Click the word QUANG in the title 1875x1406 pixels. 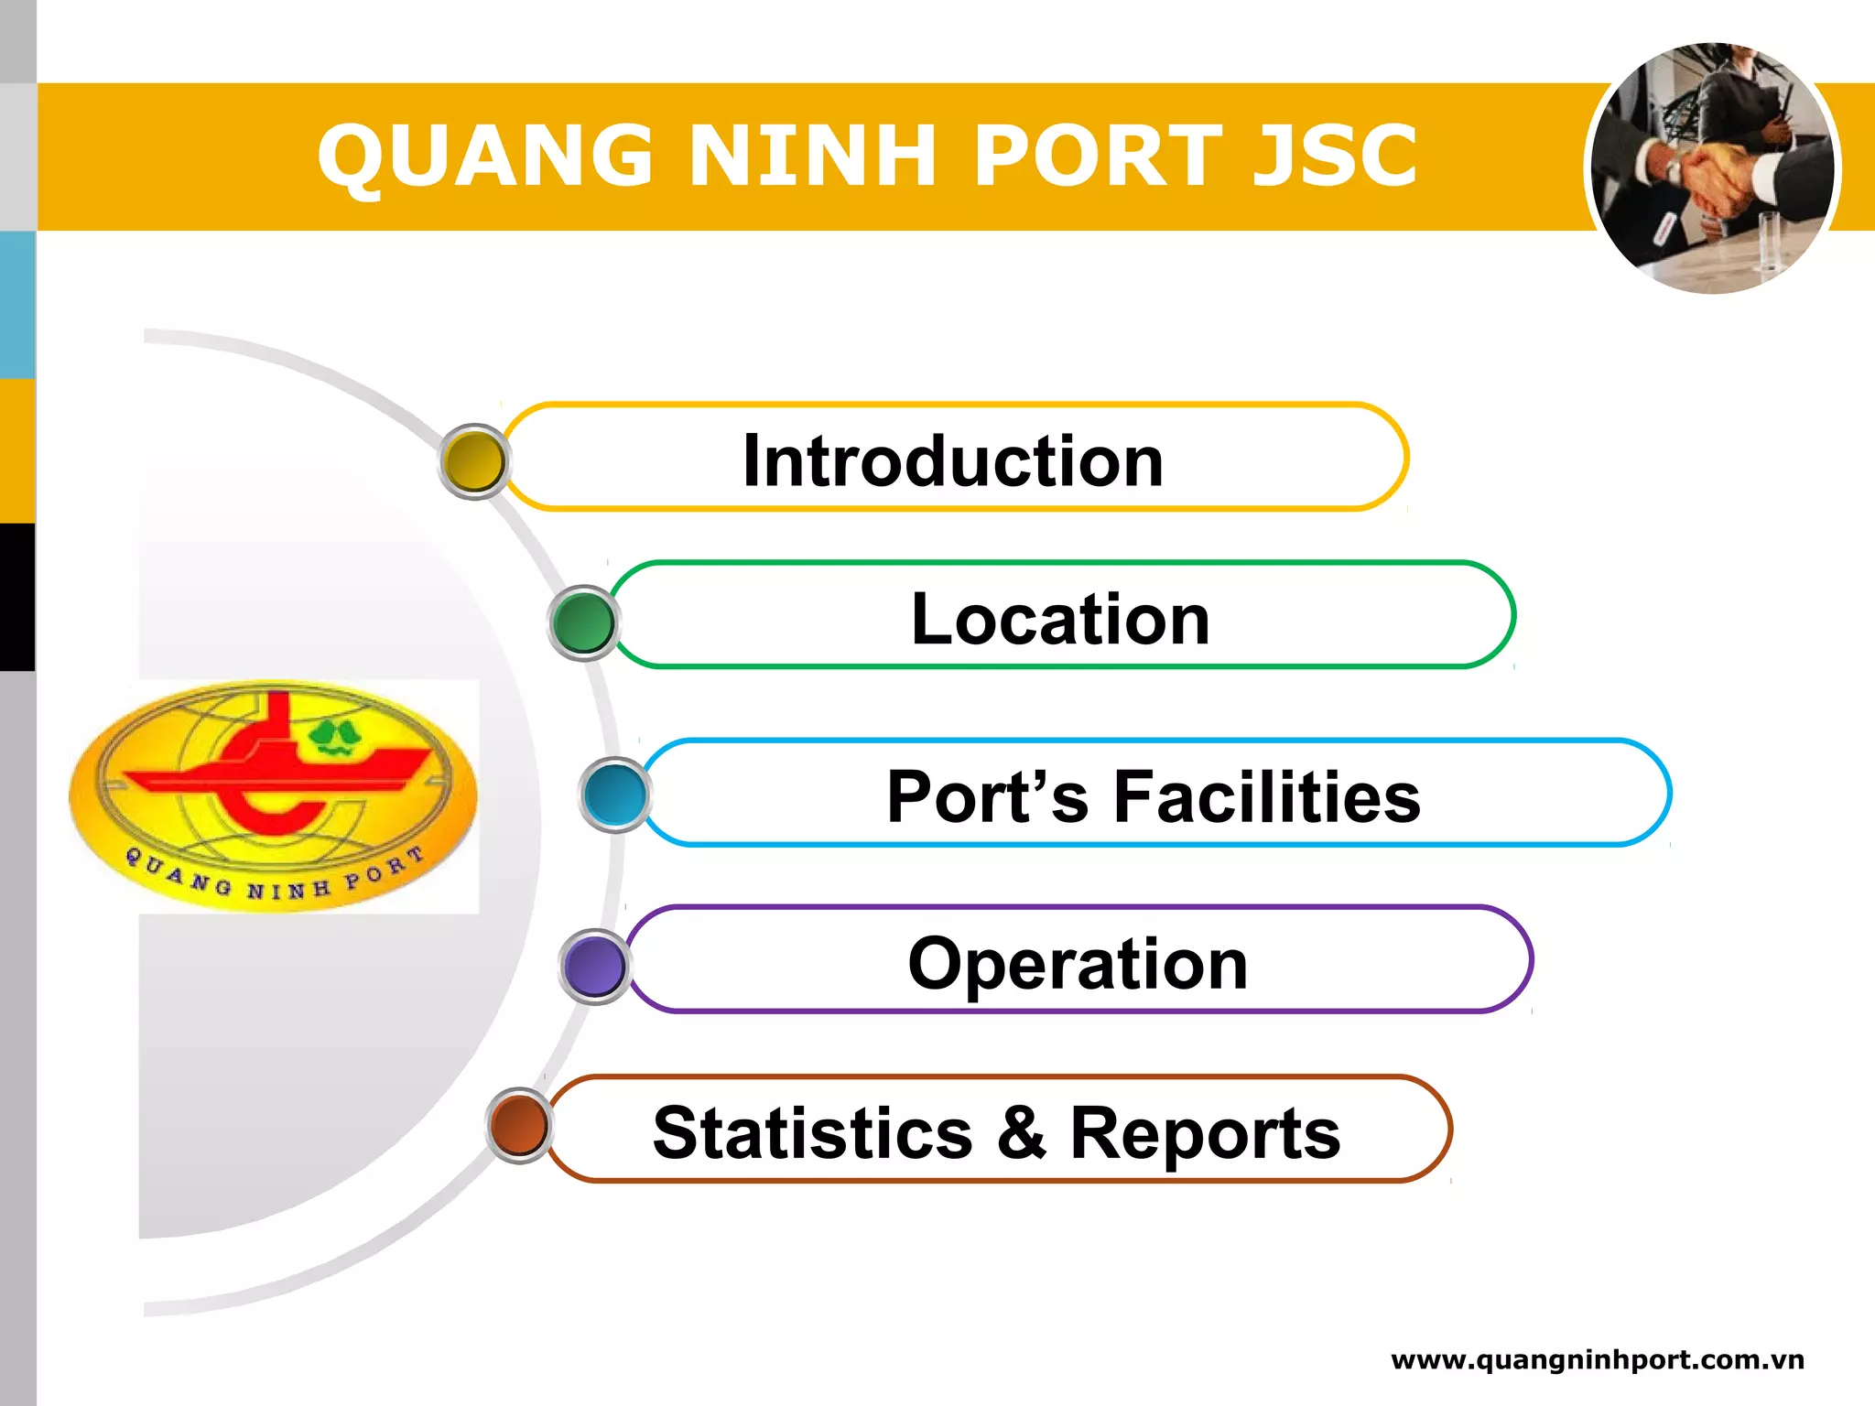(485, 157)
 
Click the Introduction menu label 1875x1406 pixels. (952, 460)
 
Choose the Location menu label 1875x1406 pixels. (1060, 619)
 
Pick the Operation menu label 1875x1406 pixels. (1078, 963)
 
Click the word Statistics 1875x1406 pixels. (812, 1133)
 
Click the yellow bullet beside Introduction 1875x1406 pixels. (473, 461)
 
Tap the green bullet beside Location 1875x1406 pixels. (583, 622)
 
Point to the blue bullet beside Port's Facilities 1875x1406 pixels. (615, 795)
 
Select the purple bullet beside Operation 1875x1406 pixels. (594, 966)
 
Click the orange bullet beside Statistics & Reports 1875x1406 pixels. (519, 1125)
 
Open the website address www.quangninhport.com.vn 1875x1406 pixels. (1597, 1360)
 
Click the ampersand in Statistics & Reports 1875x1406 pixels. (1021, 1133)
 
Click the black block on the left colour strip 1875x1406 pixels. (17, 597)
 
